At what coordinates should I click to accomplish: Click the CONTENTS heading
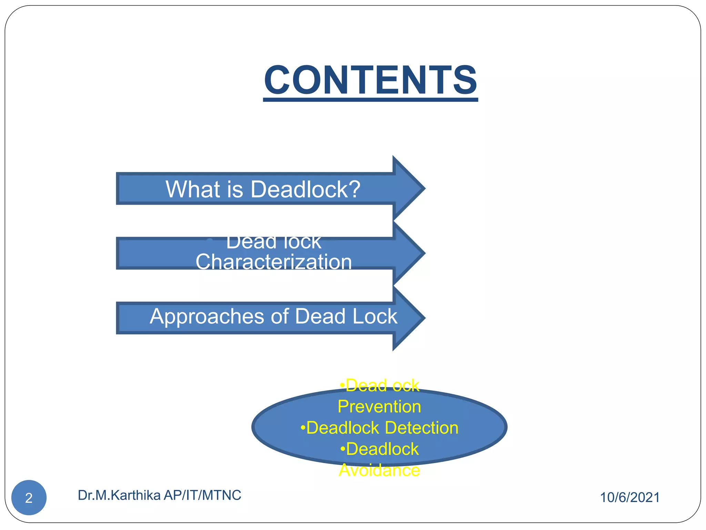(x=371, y=80)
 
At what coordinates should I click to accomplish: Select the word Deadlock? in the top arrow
(x=305, y=189)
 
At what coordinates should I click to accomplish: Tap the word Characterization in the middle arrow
(x=274, y=262)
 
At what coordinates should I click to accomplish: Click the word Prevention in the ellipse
(x=379, y=406)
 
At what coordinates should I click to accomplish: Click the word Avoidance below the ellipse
(x=379, y=470)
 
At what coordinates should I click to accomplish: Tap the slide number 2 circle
(x=29, y=498)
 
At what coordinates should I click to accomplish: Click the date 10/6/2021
(x=630, y=498)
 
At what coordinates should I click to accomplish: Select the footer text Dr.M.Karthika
(x=119, y=495)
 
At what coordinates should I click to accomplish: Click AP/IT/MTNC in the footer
(x=202, y=495)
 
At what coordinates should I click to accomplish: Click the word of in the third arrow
(x=280, y=316)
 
